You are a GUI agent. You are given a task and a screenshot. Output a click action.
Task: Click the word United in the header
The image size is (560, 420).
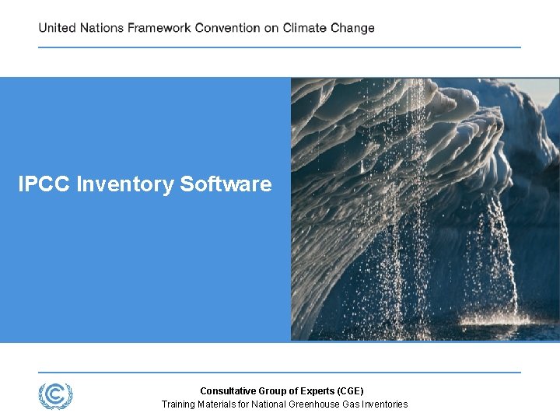point(57,28)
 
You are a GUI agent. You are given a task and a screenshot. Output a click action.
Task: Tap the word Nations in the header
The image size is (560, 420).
point(101,28)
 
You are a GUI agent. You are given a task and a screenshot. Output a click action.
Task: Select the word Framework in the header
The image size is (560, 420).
point(159,28)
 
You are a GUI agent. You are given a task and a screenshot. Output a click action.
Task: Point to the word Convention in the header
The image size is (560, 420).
point(227,28)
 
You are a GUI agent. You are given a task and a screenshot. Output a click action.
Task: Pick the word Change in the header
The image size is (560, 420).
point(352,28)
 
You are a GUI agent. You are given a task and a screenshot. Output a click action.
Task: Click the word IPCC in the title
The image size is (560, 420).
point(44,184)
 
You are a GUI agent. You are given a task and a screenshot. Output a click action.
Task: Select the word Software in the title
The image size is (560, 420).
point(226,184)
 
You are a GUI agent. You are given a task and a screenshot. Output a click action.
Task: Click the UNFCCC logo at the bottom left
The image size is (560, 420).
point(55,396)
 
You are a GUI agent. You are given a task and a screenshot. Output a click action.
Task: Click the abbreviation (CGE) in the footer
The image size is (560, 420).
point(348,391)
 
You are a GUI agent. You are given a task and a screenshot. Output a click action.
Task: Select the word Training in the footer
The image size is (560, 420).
point(178,404)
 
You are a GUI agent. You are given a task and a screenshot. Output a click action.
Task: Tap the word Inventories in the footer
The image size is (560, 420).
point(383,404)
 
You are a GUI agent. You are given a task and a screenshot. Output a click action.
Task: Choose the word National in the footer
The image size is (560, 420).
point(269,404)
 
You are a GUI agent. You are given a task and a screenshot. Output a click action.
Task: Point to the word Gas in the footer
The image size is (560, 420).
point(351,404)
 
